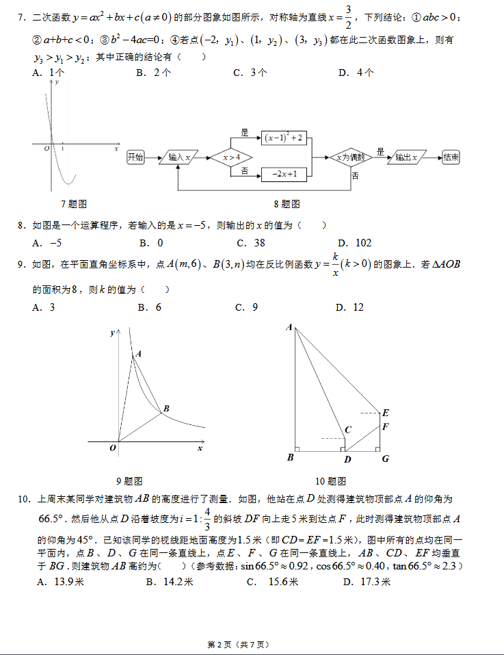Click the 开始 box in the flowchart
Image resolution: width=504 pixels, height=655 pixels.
click(135, 157)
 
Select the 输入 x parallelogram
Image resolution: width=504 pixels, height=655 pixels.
click(178, 158)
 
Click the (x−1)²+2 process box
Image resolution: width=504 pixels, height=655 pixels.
click(284, 138)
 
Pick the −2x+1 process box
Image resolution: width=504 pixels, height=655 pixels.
click(284, 175)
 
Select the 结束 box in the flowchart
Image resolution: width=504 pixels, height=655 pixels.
click(451, 157)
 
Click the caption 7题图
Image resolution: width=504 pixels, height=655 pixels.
click(73, 204)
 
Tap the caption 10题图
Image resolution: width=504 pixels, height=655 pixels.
click(330, 481)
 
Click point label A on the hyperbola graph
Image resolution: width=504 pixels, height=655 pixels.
click(138, 354)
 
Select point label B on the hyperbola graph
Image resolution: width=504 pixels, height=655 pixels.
click(166, 409)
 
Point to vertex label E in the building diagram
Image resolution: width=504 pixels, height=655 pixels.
click(386, 413)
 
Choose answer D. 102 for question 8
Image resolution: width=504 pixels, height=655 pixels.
click(355, 243)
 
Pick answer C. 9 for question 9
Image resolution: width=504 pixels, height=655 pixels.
click(246, 308)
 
